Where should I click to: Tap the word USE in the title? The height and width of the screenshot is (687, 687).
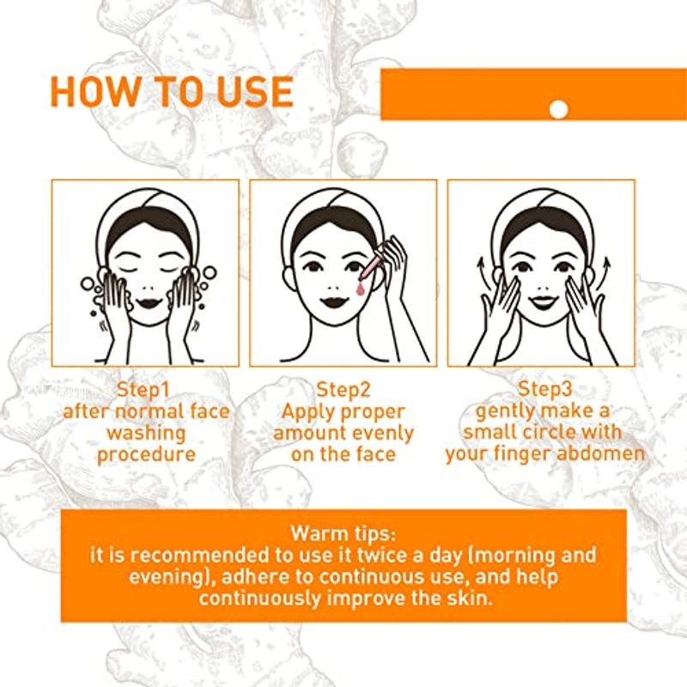[x=255, y=92]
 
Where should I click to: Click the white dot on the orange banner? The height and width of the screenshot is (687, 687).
[x=559, y=109]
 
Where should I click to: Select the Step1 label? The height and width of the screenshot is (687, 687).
[x=143, y=390]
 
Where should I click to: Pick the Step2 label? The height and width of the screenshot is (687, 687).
[x=343, y=390]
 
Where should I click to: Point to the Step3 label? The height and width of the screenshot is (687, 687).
[x=544, y=389]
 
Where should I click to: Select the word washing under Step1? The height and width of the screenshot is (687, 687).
[x=146, y=433]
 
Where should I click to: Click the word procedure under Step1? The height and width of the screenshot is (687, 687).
[x=146, y=454]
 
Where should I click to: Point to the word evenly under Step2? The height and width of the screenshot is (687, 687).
[x=383, y=433]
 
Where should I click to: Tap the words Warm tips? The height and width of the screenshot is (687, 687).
[x=343, y=533]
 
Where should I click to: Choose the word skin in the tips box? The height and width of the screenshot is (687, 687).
[x=470, y=598]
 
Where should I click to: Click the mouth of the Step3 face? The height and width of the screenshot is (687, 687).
[x=543, y=303]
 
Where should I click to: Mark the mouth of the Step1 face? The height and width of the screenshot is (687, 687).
[x=148, y=303]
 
